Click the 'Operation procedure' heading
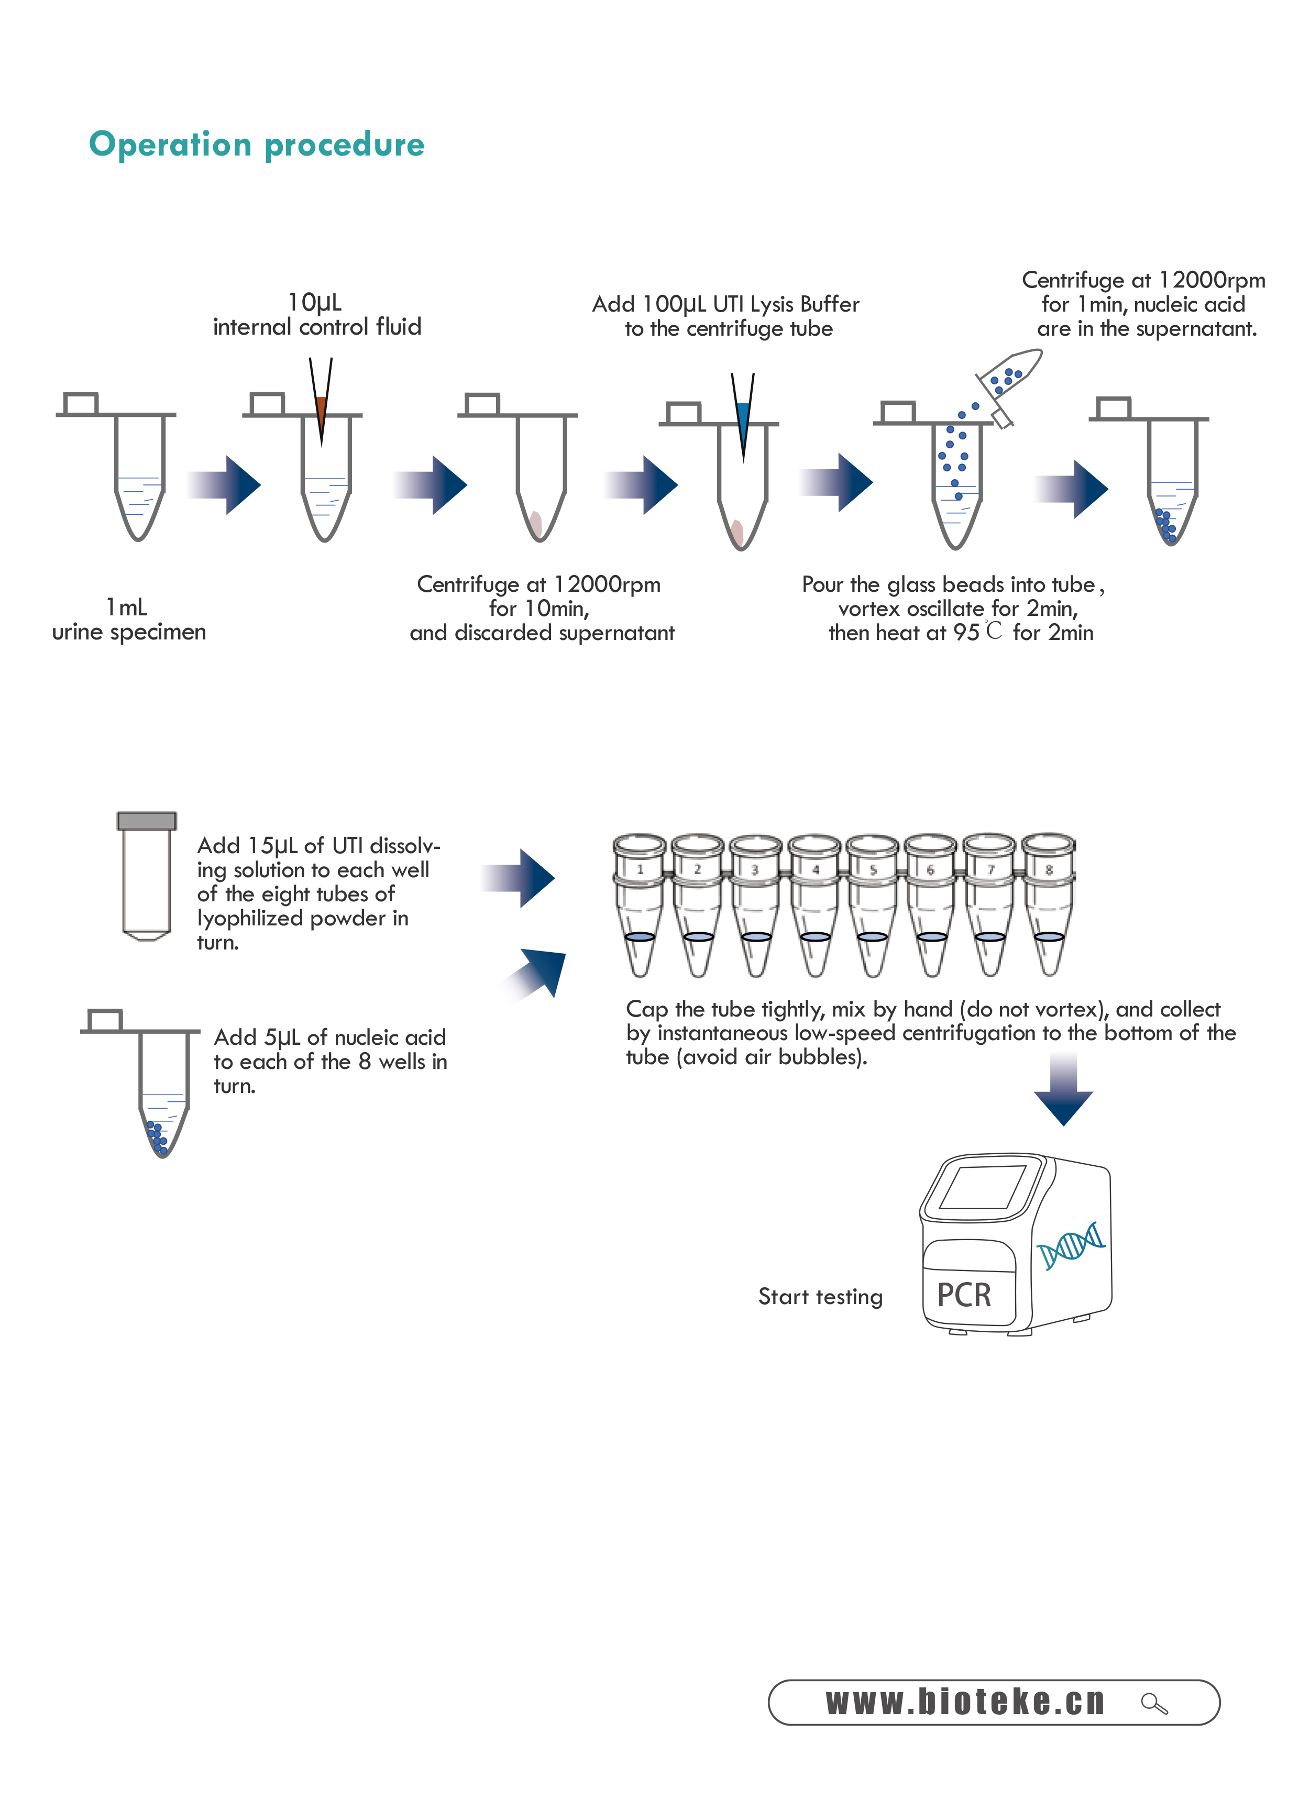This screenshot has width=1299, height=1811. [x=256, y=145]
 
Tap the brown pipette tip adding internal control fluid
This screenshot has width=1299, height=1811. [x=321, y=411]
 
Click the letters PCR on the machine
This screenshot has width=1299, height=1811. [x=964, y=1295]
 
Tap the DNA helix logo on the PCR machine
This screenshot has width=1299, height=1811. [x=1071, y=1244]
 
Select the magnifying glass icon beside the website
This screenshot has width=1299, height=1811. [x=1154, y=1703]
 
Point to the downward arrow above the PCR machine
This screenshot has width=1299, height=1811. [x=1063, y=1090]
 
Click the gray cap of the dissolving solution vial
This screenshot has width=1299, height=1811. [x=146, y=821]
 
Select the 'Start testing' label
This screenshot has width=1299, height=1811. [x=820, y=1297]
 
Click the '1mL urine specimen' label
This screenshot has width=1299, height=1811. [x=128, y=620]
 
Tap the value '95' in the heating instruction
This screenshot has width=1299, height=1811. [x=965, y=633]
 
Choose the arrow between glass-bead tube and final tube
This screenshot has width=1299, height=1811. [x=1072, y=488]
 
